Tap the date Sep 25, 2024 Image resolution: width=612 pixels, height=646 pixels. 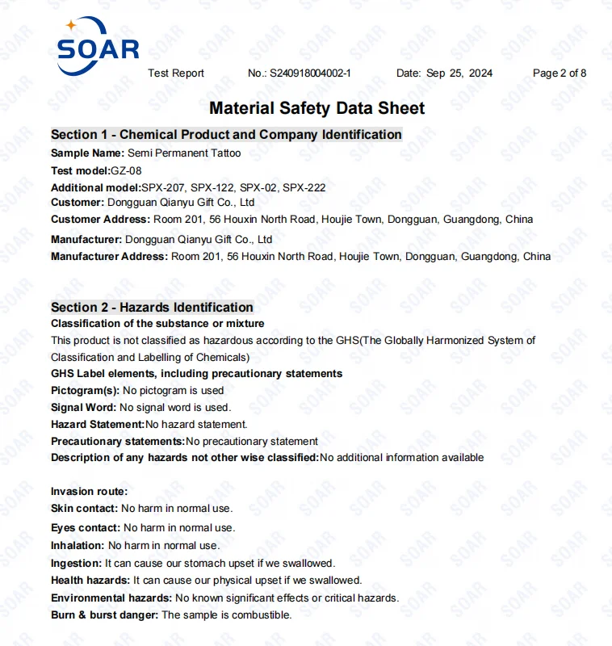click(459, 73)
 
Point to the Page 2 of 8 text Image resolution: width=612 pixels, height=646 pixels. click(560, 73)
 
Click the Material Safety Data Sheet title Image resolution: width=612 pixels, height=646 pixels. click(316, 108)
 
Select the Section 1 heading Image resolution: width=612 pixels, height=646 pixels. click(226, 135)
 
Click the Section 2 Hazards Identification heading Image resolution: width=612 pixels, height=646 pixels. click(152, 308)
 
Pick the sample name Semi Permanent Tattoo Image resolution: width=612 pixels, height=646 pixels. click(184, 153)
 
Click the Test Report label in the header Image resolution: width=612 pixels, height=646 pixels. click(176, 73)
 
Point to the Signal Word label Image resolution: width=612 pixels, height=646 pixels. click(83, 408)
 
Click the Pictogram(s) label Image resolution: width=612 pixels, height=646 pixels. click(85, 391)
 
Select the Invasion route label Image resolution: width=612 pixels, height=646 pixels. click(89, 492)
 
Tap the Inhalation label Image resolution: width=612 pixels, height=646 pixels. click(78, 547)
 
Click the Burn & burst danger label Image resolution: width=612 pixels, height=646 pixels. click(105, 615)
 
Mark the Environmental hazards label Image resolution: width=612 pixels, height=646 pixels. click(111, 598)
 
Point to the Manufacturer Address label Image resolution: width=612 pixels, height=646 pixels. click(109, 257)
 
